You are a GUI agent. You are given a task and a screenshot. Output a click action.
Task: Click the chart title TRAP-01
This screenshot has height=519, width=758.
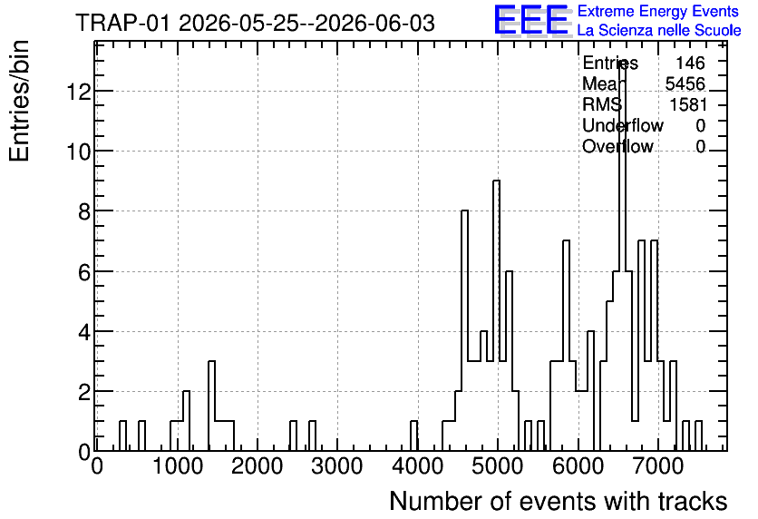click(x=122, y=24)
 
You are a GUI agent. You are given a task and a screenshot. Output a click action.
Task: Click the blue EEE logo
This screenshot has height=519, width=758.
click(x=531, y=20)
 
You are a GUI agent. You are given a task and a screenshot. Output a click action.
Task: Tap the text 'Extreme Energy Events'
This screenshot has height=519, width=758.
click(x=658, y=11)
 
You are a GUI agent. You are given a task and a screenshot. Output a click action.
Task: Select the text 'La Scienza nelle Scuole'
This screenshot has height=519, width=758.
click(x=659, y=30)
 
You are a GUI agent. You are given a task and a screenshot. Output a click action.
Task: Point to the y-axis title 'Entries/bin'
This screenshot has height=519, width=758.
click(x=19, y=101)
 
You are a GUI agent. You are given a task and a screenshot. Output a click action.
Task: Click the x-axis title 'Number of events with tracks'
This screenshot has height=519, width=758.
click(x=559, y=501)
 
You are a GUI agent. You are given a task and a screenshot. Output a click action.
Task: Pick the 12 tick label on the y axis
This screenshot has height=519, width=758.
click(x=78, y=91)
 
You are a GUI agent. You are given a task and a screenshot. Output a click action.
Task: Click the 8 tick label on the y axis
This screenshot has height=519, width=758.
click(x=84, y=211)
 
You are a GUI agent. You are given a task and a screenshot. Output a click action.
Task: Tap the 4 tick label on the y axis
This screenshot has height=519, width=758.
click(x=84, y=331)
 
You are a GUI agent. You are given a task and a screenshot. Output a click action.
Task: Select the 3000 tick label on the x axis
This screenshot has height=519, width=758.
click(x=337, y=466)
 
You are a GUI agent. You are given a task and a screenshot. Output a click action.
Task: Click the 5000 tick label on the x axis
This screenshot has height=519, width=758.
click(x=497, y=466)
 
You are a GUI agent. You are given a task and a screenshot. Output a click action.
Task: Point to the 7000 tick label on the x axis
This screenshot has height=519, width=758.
click(x=657, y=466)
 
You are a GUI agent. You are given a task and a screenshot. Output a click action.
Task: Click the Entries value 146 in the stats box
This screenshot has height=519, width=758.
click(x=690, y=63)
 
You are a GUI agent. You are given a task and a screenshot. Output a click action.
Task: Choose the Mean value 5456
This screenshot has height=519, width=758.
click(x=685, y=83)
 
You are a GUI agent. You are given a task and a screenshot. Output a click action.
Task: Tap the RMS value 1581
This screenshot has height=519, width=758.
click(x=688, y=104)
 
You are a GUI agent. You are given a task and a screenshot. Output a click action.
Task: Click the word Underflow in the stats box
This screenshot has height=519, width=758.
click(x=623, y=125)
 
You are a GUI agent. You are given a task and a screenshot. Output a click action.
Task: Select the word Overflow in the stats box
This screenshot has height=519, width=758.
click(x=617, y=146)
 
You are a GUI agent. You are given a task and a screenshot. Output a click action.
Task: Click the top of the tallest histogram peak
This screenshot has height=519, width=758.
click(x=622, y=61)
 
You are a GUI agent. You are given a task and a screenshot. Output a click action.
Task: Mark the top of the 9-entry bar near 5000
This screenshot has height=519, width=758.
click(x=496, y=181)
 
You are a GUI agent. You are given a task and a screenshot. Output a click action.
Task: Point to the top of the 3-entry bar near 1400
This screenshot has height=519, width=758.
click(x=211, y=361)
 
